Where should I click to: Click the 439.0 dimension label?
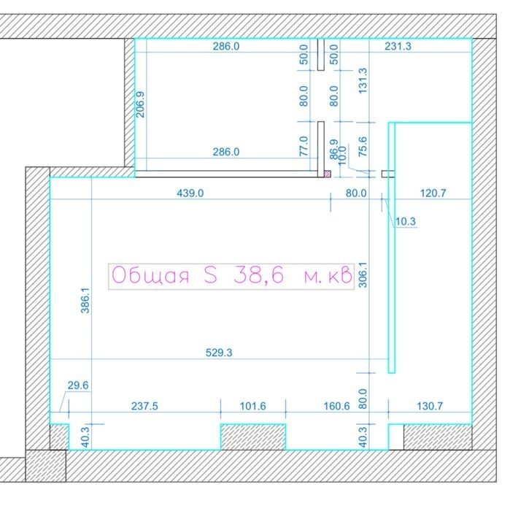[190, 193]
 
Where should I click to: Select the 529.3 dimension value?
[219, 353]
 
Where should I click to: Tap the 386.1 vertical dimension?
[85, 301]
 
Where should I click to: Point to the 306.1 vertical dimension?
[363, 275]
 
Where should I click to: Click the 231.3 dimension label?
[398, 46]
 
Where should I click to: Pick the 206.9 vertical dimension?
[141, 104]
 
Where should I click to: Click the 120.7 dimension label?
[433, 193]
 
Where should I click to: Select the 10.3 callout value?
[406, 221]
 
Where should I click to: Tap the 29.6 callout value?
[78, 385]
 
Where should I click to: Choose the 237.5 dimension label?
[144, 407]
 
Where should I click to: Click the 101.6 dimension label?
[253, 407]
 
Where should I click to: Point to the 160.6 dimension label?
[336, 407]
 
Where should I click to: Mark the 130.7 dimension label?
[430, 407]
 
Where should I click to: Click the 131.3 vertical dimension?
[363, 81]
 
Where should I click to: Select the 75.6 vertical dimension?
[363, 147]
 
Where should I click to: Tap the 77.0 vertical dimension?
[304, 146]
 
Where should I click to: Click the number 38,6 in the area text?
[259, 276]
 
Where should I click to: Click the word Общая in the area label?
[150, 276]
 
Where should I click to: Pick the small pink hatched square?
[328, 174]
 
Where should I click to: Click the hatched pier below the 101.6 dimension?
[253, 437]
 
